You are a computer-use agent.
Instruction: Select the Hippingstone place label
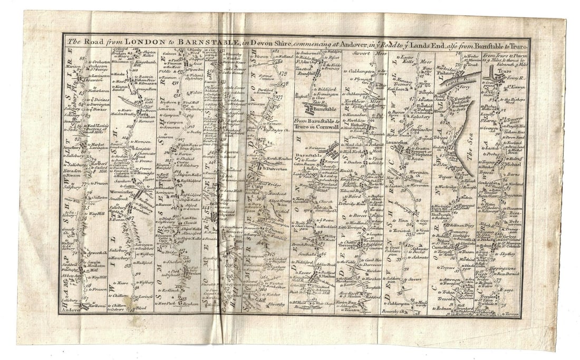509,268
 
